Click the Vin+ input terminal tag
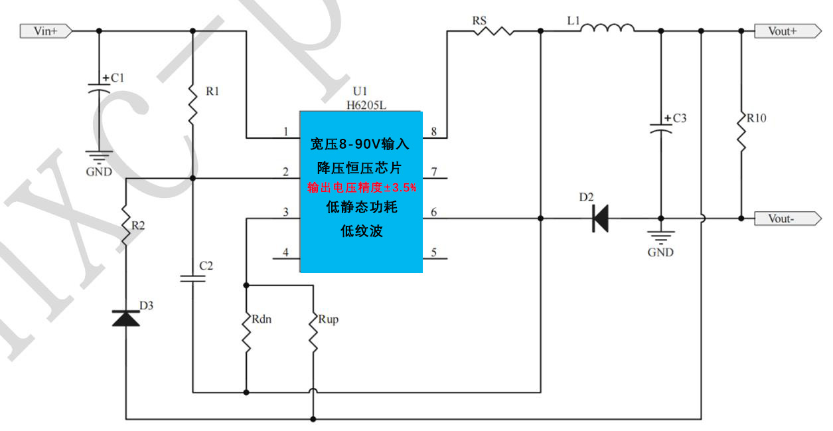click(45, 31)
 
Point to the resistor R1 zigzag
click(192, 103)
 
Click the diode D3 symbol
click(126, 319)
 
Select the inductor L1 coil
click(611, 29)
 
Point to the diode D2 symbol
click(601, 218)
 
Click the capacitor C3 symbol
click(660, 128)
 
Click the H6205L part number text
click(366, 104)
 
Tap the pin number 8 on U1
click(433, 131)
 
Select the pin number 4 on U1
click(286, 252)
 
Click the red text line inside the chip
click(362, 188)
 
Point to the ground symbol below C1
click(99, 157)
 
